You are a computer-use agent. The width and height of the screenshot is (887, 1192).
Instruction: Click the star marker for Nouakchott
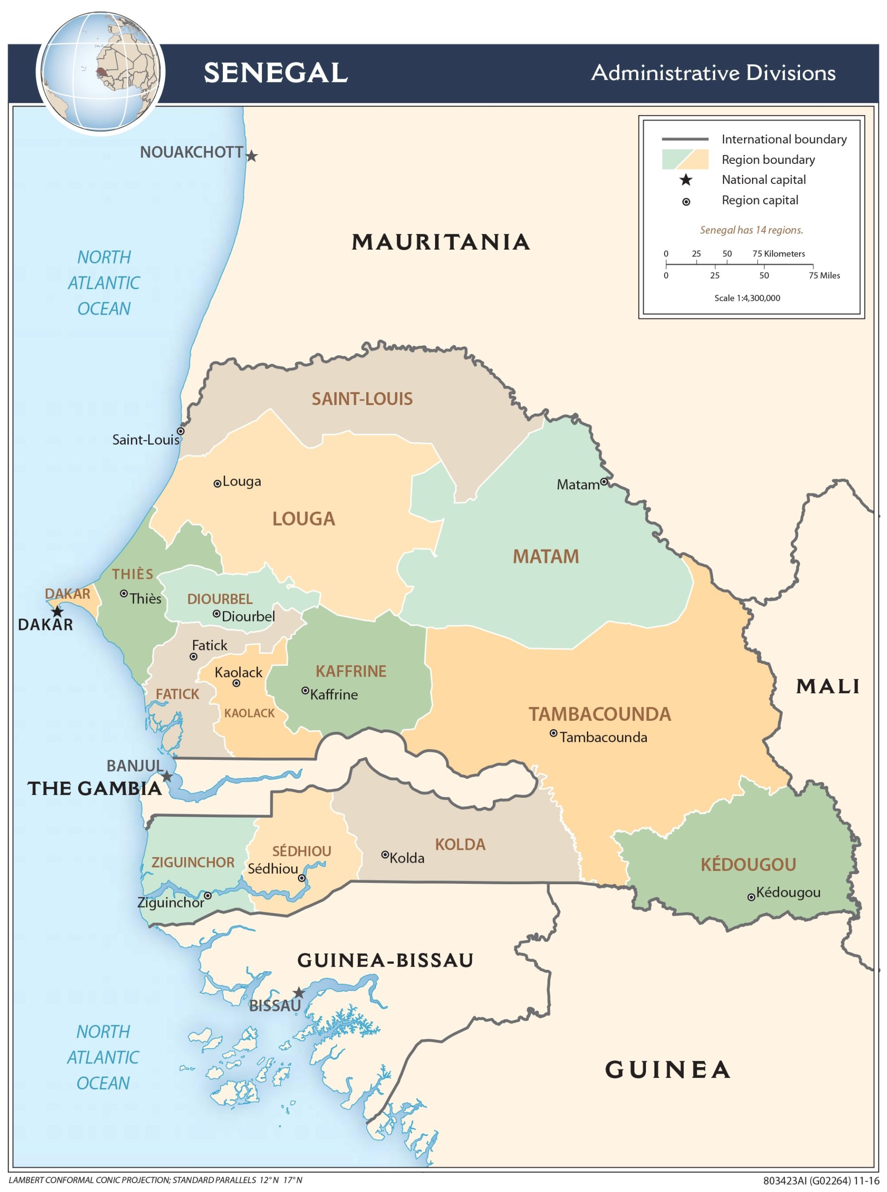click(x=251, y=156)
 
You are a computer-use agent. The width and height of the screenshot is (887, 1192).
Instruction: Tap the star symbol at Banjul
click(x=168, y=777)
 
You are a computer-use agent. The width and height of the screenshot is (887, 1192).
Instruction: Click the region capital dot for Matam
click(x=604, y=482)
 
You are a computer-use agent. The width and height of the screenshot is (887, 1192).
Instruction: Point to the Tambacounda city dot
click(x=553, y=733)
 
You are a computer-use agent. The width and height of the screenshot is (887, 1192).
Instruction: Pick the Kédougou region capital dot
click(x=751, y=897)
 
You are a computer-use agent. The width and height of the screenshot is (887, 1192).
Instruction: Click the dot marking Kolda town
click(x=385, y=854)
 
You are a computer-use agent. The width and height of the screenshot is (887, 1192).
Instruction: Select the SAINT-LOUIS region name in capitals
click(x=362, y=399)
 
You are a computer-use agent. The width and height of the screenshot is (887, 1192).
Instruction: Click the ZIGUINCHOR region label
click(x=193, y=863)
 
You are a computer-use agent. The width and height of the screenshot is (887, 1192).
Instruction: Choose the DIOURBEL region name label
click(x=220, y=599)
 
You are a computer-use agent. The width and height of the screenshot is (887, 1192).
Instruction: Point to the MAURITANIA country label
click(x=440, y=242)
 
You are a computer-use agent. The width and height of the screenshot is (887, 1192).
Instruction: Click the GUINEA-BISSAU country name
click(x=385, y=960)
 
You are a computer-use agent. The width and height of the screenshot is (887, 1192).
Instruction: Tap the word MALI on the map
click(x=827, y=686)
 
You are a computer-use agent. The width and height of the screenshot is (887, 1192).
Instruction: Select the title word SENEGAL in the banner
click(x=276, y=73)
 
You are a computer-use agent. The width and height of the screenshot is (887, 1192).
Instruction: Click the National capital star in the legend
click(x=685, y=180)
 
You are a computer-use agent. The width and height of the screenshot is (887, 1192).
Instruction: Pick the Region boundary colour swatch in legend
click(x=685, y=160)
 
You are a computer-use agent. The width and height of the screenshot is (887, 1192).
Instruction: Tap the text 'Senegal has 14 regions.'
click(x=751, y=230)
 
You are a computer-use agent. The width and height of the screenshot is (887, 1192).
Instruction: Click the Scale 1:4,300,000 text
click(x=747, y=298)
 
